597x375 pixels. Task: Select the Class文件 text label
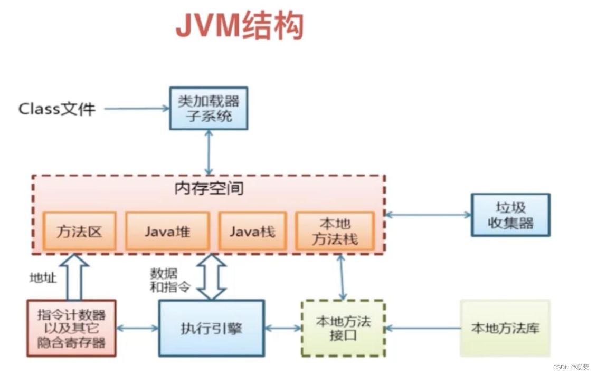point(57,109)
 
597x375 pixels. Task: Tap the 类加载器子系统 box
point(209,108)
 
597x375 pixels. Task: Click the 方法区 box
point(79,232)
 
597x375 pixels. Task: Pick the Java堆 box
point(167,232)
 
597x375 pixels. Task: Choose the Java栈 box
point(253,232)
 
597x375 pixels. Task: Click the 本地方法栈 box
point(335,232)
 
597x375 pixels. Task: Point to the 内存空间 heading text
point(209,189)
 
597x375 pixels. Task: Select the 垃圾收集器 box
point(510,215)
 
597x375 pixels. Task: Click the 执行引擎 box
point(211,328)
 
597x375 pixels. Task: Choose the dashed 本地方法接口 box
point(343,328)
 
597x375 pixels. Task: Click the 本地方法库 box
point(505,328)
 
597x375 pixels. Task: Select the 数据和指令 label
point(164,280)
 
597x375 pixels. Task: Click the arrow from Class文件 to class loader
point(137,109)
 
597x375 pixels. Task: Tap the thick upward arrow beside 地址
point(74,275)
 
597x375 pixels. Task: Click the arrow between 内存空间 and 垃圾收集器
point(428,215)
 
